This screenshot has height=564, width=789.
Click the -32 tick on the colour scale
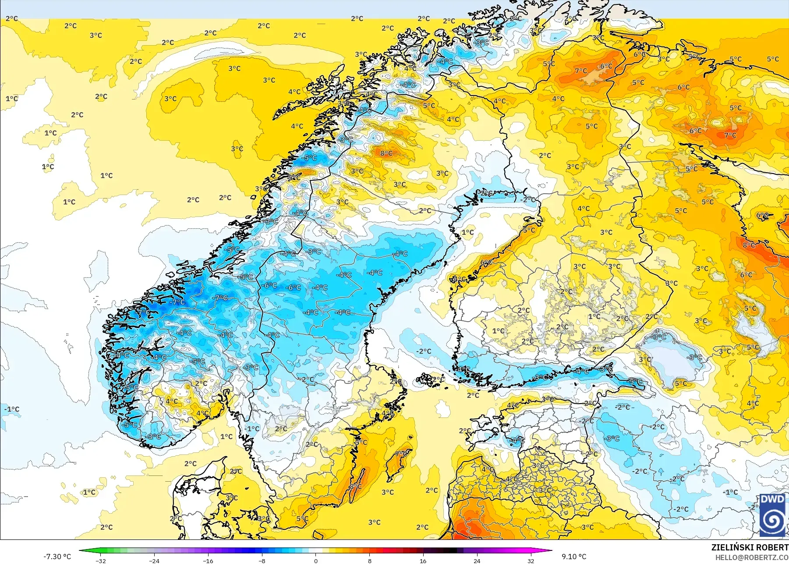point(101,560)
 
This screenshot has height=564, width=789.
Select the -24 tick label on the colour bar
point(154,560)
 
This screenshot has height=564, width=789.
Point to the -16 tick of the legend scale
point(208,560)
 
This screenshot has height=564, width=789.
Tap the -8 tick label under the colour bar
point(262,560)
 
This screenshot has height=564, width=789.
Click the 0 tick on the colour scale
point(316,560)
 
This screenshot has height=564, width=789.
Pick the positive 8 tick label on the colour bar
point(370,560)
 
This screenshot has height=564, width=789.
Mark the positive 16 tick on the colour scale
point(423,560)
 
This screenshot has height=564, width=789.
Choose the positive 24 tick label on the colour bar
point(477,560)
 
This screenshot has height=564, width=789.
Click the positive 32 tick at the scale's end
point(531,560)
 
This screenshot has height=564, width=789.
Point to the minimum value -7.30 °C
point(57,557)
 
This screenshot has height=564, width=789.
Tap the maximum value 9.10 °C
point(574,557)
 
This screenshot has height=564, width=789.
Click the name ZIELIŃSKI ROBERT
point(750,547)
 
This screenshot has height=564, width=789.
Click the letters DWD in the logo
point(772,500)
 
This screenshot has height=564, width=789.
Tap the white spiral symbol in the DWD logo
point(772,520)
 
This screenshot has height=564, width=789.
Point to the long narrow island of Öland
point(357,482)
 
